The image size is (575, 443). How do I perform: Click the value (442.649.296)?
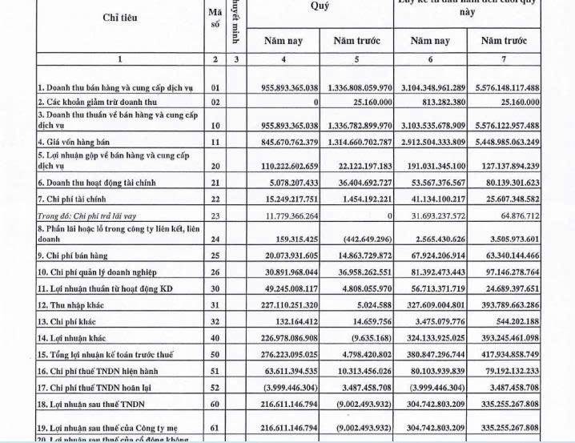pos(368,238)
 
